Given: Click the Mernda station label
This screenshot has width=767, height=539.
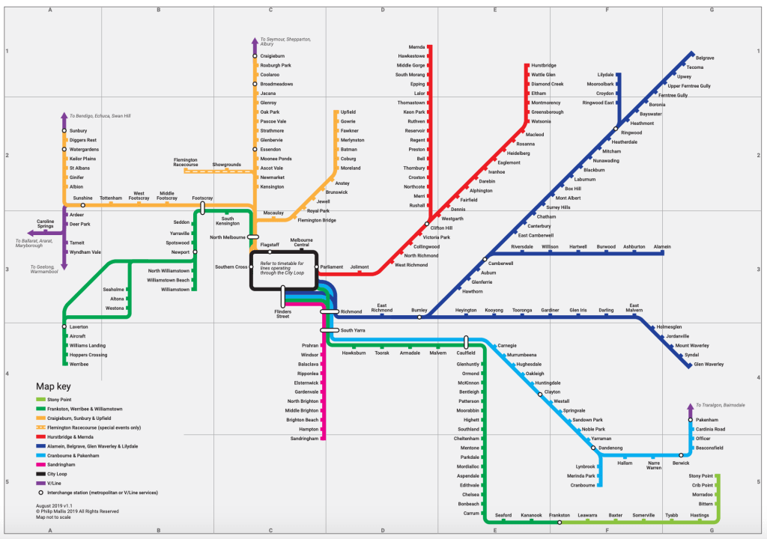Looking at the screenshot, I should pos(416,46).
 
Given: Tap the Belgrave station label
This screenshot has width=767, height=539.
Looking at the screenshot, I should pos(705,58).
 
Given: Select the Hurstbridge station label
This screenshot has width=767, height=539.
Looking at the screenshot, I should pos(544,66).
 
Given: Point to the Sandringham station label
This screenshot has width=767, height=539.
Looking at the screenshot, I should pos(305,439).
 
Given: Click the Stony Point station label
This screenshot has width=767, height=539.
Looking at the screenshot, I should pos(701,476).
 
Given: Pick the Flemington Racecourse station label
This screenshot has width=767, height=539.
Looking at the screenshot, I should pos(186,162).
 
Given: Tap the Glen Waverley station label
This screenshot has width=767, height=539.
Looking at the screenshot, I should pos(709,364).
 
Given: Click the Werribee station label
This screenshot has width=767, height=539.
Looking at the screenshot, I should pos(79,364).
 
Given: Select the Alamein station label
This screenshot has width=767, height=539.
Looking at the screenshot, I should pos(662,246).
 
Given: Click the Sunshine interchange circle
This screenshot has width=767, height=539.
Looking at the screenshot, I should pos(83,205).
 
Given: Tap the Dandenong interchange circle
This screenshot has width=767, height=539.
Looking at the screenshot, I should pos(593,448).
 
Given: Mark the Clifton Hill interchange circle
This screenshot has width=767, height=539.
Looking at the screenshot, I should pos(428,224).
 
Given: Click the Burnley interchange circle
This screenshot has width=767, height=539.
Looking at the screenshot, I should pos(419,317).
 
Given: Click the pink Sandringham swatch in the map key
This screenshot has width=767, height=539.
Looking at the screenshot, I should pos(40,464).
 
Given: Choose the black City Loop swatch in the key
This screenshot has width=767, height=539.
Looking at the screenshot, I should pos(40,474).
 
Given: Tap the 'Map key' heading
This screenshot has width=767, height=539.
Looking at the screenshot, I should pos(54,386).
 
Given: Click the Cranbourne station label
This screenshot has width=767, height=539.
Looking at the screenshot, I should pos(583,485).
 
